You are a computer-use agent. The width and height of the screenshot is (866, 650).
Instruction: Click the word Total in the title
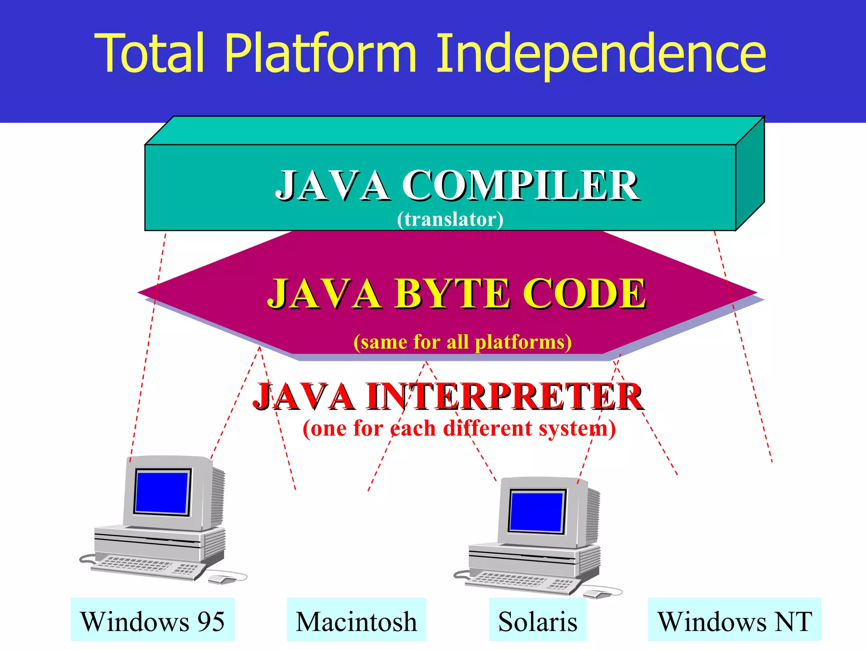click(x=150, y=53)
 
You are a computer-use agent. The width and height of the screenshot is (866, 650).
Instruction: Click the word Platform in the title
click(x=321, y=53)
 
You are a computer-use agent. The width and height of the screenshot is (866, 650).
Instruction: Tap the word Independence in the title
click(x=600, y=53)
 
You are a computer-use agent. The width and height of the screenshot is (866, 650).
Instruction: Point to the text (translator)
click(x=450, y=219)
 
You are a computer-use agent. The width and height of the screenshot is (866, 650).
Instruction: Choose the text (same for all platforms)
click(x=463, y=342)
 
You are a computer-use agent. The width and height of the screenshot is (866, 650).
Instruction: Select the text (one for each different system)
click(x=459, y=428)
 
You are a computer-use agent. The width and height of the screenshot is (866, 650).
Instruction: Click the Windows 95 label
click(x=152, y=621)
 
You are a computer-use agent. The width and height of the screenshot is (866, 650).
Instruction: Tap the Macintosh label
click(x=356, y=621)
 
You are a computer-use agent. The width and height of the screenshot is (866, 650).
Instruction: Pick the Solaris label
click(x=537, y=621)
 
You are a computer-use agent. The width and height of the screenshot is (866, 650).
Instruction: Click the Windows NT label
click(x=734, y=621)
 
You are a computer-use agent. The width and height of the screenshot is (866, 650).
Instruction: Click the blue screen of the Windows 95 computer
click(x=162, y=492)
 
